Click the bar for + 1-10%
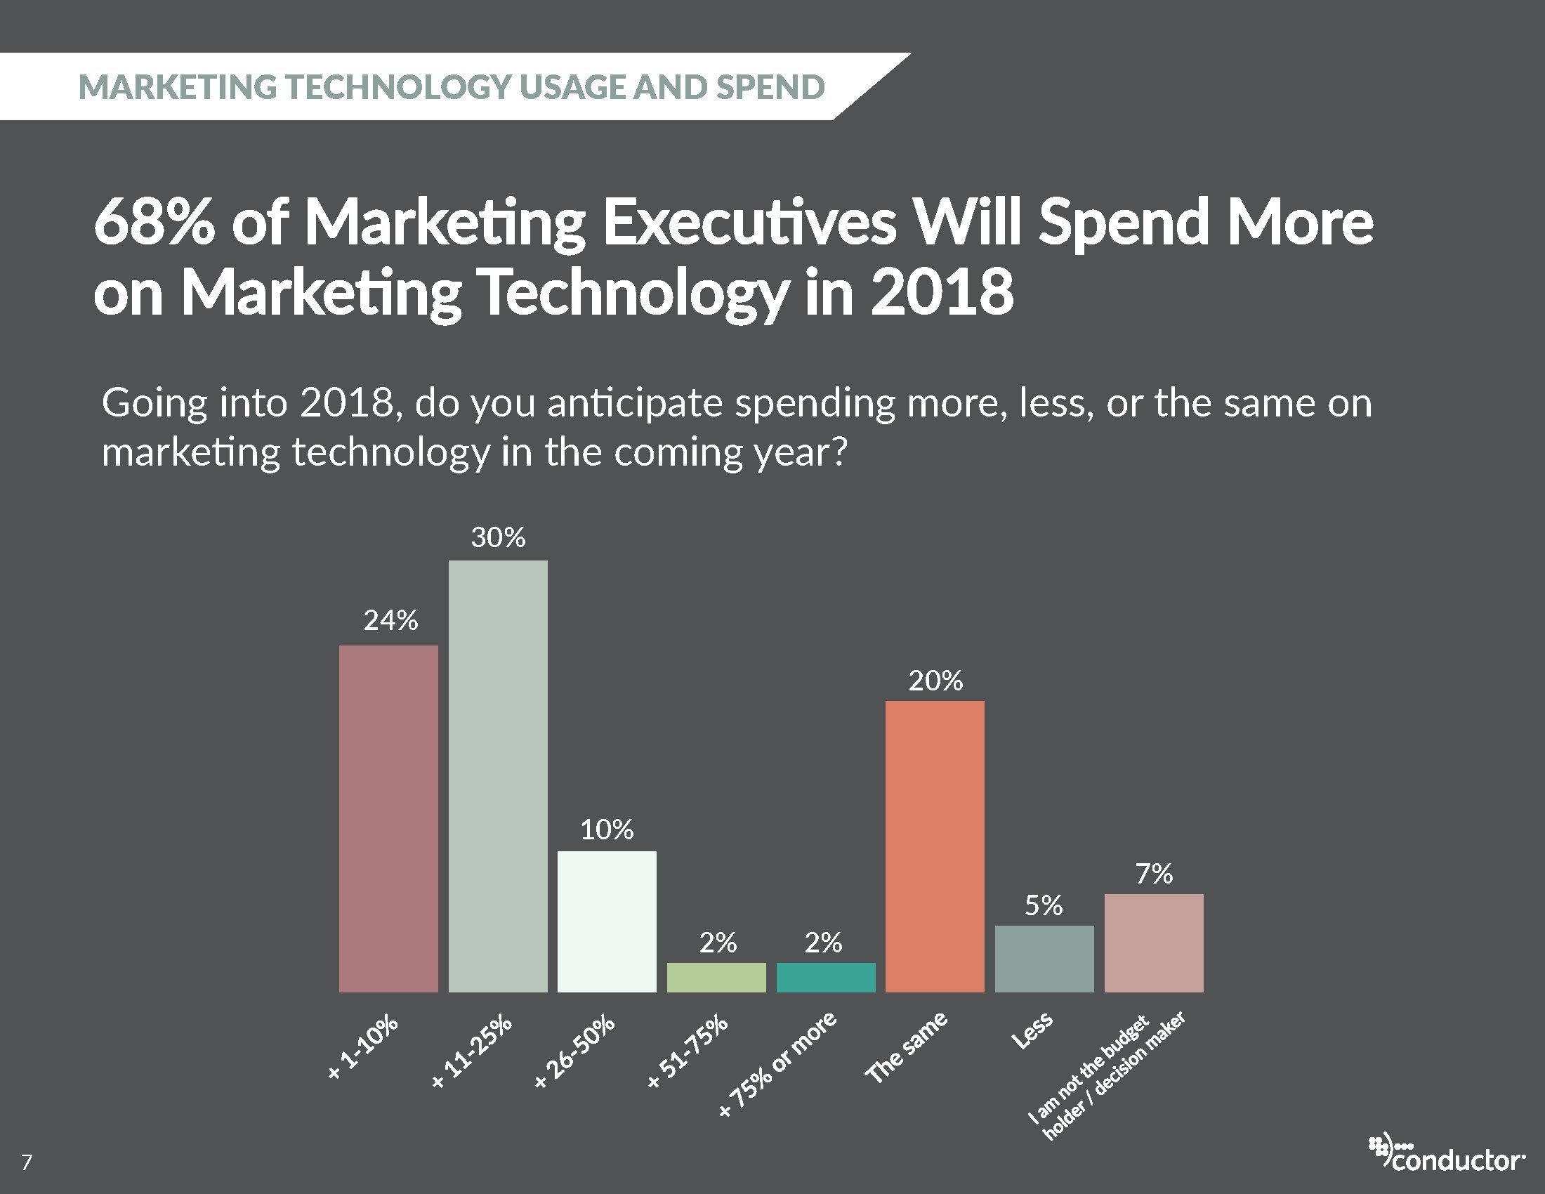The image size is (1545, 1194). pos(388,818)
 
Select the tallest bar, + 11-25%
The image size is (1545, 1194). pos(497,776)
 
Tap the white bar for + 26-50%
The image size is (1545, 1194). pos(606,921)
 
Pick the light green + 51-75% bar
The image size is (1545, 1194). pos(716,977)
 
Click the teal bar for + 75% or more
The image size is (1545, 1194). pos(826,977)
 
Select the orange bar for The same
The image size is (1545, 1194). pos(935,846)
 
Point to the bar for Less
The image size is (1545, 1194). pos(1044,959)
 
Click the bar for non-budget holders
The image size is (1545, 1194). pos(1153,943)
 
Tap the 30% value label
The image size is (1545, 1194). pos(498,538)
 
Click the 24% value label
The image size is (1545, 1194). pos(390,621)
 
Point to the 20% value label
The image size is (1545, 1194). pos(935,681)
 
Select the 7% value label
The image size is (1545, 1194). pos(1154,875)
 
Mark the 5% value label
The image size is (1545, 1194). pos(1044,906)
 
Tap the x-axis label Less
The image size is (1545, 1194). pos(1033,1030)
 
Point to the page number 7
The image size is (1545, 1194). pos(27,1163)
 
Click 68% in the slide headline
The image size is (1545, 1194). pos(154,223)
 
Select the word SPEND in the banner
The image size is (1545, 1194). pos(770,87)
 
